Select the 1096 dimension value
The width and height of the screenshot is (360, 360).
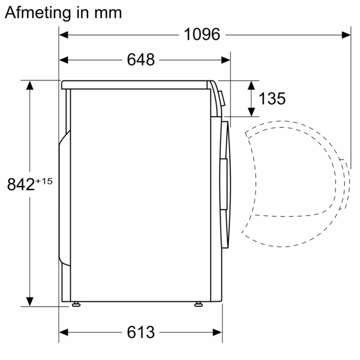[202, 35]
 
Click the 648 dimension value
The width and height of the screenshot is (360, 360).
[141, 59]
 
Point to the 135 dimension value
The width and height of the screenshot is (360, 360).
[272, 98]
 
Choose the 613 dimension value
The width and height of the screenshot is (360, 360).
[141, 332]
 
